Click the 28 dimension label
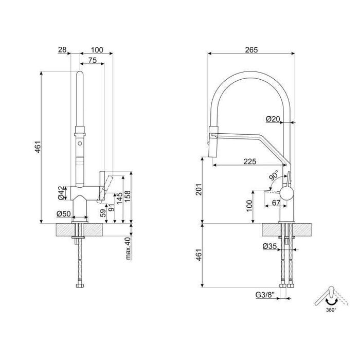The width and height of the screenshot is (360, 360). tap(63, 50)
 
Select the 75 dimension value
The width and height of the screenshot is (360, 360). tap(92, 60)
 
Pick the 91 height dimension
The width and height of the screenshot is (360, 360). tap(111, 209)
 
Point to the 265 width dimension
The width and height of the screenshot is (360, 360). tap(251, 50)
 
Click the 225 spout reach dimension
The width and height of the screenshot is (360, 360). tap(250, 161)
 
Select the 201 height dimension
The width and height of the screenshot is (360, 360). tap(206, 191)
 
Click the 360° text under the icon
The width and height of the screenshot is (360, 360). tap(331, 311)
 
